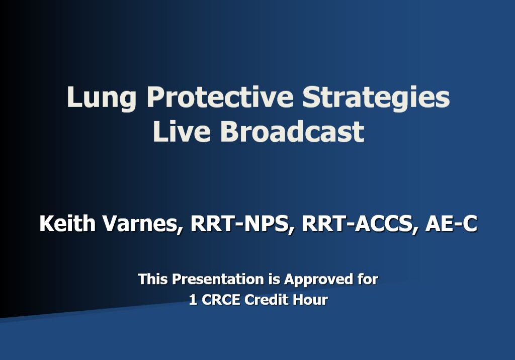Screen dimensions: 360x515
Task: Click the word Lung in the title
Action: [101, 98]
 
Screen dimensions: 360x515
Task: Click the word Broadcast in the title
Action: [292, 132]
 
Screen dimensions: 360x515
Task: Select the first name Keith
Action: [68, 224]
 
